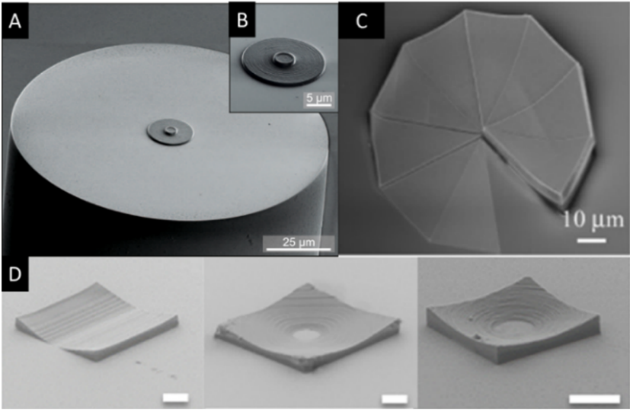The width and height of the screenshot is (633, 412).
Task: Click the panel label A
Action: coord(15,21)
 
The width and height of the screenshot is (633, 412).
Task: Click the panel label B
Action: coord(242,19)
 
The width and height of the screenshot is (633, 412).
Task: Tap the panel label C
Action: coord(361,21)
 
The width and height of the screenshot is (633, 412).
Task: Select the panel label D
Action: coord(15,274)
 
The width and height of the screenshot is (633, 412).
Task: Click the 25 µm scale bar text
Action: coord(299,241)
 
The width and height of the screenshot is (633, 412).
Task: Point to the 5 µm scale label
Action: coord(319,97)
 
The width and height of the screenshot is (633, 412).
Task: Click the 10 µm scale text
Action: coord(593,220)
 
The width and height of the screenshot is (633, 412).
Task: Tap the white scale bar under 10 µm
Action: coord(591,241)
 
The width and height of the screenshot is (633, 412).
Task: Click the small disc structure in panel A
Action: coord(170,132)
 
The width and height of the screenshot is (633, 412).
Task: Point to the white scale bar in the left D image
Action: coord(176,398)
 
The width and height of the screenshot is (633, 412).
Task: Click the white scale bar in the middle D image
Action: coord(395,399)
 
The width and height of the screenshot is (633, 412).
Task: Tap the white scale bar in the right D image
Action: coord(594,399)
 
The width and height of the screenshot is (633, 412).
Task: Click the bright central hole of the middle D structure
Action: coord(306,334)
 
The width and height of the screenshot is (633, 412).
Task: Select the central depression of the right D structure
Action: coord(510,325)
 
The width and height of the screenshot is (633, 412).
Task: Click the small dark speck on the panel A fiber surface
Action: coord(270,125)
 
